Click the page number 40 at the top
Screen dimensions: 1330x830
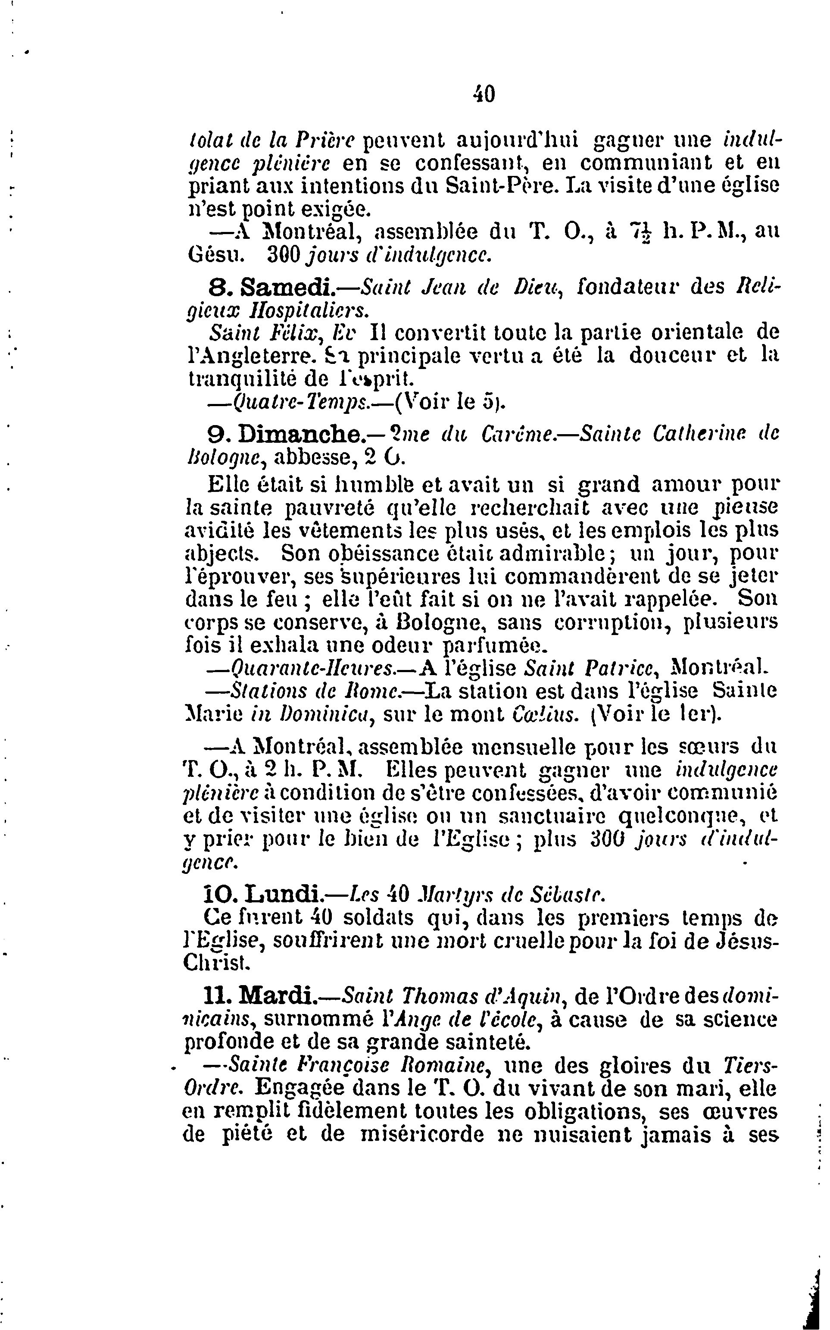click(x=484, y=95)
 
